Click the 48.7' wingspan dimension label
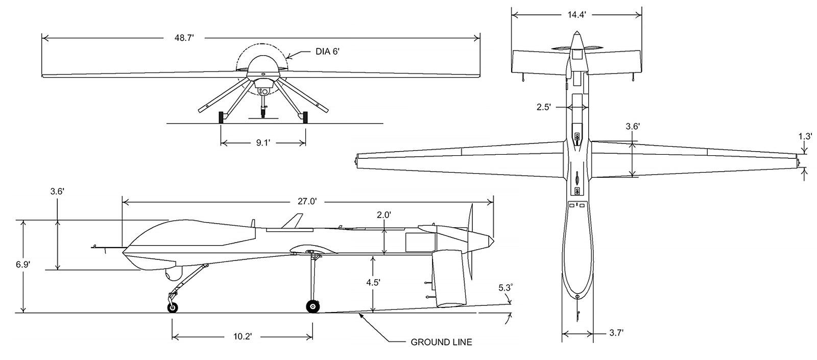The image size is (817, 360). point(184,38)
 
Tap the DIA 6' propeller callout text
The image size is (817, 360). point(327,52)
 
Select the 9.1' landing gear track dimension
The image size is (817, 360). point(262,142)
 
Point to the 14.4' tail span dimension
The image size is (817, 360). point(576,15)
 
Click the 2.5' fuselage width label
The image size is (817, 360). point(543,107)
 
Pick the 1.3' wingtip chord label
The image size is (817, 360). point(805,136)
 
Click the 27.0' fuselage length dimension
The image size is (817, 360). point(307,201)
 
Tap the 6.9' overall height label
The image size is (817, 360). point(22,265)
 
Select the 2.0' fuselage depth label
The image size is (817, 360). point(383,215)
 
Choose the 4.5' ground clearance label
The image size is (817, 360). point(373,282)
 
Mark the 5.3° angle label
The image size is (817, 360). point(506,288)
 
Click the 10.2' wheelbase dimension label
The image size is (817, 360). point(243,337)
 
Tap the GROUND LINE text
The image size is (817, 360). point(441,342)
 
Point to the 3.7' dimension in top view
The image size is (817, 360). point(616,333)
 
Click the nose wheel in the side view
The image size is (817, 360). point(173,307)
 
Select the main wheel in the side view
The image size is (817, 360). point(313,306)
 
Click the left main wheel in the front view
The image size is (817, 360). point(221,117)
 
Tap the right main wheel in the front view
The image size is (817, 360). point(305,117)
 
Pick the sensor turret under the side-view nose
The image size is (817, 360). point(173,274)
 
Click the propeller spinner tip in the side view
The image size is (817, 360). point(494,241)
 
